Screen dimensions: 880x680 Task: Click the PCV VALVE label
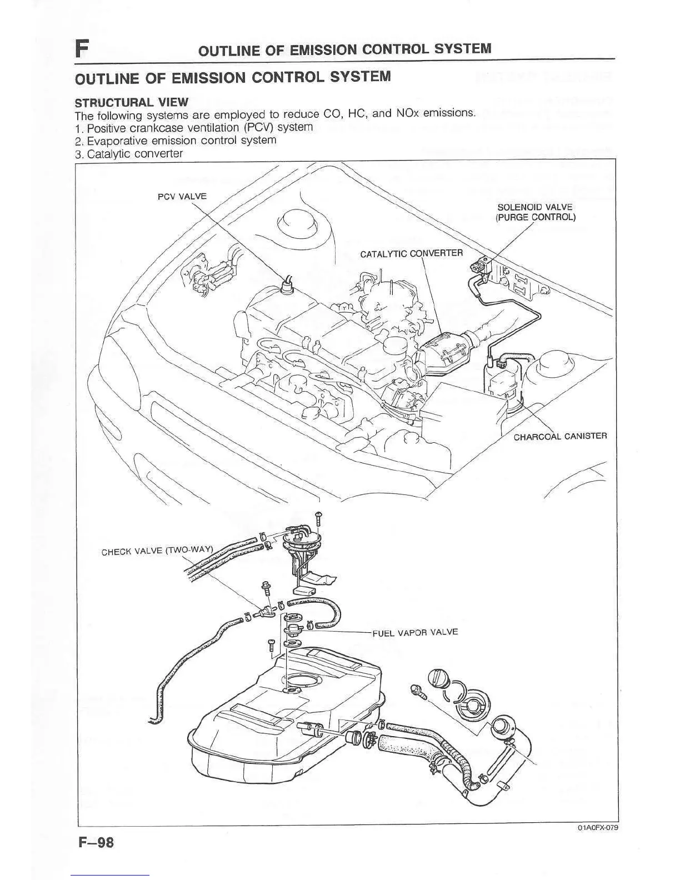pos(182,196)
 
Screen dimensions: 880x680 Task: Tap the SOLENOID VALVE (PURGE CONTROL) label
pos(534,212)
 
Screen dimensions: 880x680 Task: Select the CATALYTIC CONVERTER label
pos(411,254)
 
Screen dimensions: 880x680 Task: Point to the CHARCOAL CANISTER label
pos(560,436)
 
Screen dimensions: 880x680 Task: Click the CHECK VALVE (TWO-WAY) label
pos(157,551)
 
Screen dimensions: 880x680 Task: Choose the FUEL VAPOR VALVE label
pos(415,632)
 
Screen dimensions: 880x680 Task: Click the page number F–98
pos(96,843)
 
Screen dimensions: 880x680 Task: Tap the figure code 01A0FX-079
pos(597,827)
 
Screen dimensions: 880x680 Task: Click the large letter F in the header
pos(82,49)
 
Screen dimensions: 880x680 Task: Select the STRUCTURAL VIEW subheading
pos(132,102)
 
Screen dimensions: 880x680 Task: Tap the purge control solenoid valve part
pos(481,267)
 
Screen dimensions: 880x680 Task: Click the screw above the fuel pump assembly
pos(318,518)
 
